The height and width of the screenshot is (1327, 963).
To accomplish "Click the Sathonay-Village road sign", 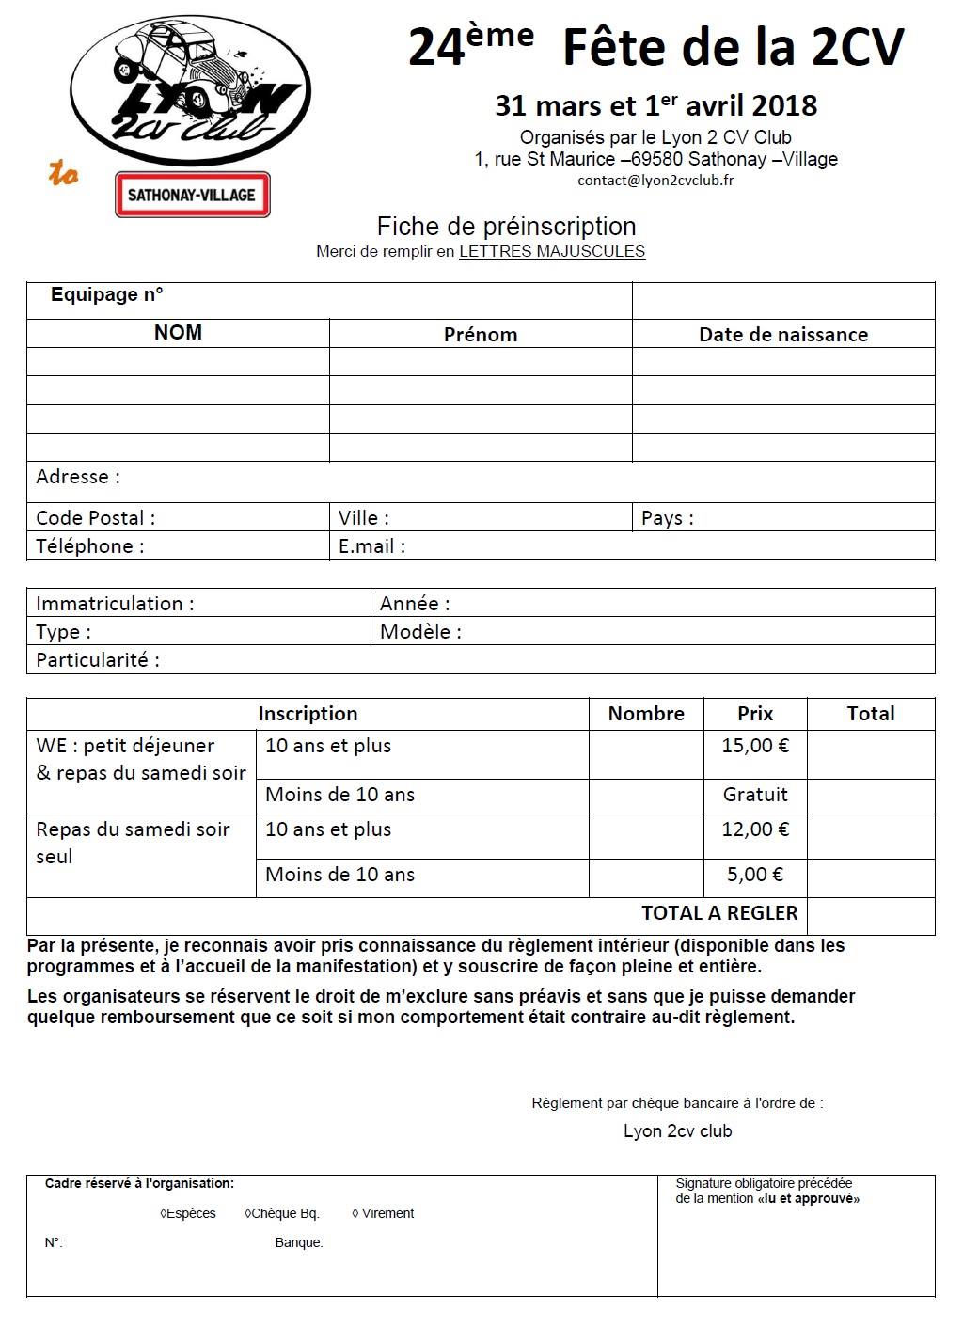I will [x=192, y=195].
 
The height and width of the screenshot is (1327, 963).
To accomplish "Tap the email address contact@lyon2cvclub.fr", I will [x=655, y=181].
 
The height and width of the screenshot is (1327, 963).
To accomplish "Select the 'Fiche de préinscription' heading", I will [x=506, y=227].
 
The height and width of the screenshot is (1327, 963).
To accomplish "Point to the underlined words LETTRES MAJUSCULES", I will [x=552, y=251].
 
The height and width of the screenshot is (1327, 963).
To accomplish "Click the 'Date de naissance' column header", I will [x=782, y=335].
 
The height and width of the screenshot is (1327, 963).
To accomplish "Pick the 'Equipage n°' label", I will [x=106, y=294].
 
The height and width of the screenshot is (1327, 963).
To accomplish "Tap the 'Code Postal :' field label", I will [x=95, y=518].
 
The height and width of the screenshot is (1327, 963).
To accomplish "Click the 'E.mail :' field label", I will [x=371, y=546].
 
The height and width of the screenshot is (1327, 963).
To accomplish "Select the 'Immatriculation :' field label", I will [x=115, y=604].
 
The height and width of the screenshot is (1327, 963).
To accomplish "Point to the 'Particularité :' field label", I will [x=97, y=660].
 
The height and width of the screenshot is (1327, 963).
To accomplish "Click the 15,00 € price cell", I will [x=755, y=746].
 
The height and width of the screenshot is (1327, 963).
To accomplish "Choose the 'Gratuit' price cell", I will [x=755, y=795].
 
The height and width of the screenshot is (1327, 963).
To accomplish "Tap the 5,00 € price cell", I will [x=754, y=875].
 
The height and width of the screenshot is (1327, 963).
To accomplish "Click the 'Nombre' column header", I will [x=646, y=714].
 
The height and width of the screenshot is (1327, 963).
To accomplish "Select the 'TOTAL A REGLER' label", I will [x=719, y=913].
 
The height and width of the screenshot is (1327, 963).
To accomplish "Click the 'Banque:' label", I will [x=298, y=1243].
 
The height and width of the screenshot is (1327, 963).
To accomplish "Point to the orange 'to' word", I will [x=64, y=174].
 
